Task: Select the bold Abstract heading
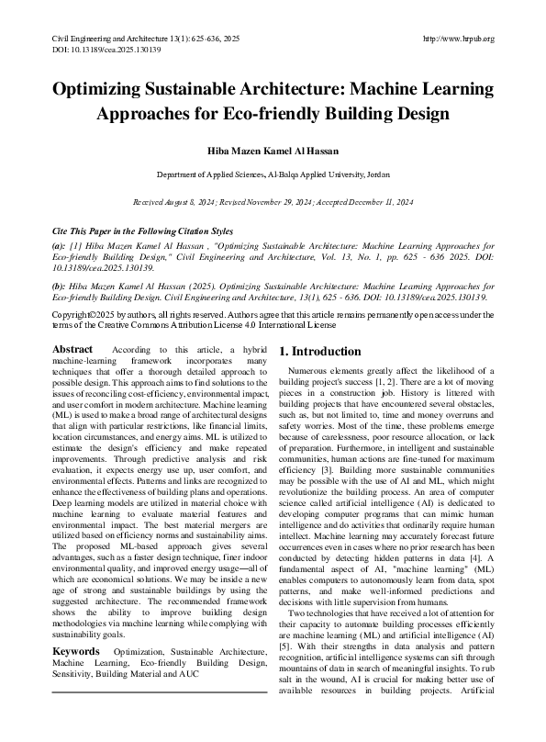[x=72, y=350]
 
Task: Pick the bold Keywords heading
[x=76, y=624]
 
